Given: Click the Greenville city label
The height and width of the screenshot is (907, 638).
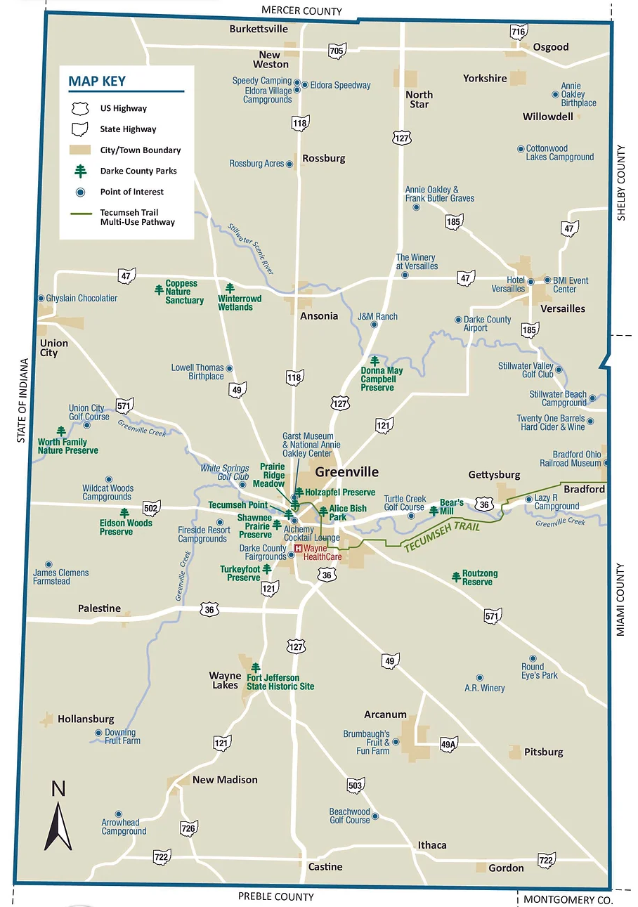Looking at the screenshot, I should [x=346, y=472].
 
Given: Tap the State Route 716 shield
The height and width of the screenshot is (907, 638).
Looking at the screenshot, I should [x=519, y=32].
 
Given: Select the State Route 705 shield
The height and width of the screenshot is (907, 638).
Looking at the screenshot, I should [x=337, y=51].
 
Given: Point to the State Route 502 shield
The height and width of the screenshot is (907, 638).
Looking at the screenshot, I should [x=150, y=508].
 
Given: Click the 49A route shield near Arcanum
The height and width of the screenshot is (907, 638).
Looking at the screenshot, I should [x=448, y=745].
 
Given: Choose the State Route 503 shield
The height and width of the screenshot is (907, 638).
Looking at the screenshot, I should [x=356, y=784].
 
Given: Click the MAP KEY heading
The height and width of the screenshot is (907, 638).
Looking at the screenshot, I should [x=97, y=81].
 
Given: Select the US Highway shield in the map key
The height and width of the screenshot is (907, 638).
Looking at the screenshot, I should [x=81, y=108].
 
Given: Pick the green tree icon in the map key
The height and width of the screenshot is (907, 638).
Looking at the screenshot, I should [x=81, y=171].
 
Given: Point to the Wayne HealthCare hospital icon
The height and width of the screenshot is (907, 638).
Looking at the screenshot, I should [x=298, y=548].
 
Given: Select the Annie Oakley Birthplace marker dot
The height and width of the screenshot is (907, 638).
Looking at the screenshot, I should [x=554, y=95].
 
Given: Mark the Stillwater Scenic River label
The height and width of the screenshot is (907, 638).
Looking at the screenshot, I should [x=251, y=248].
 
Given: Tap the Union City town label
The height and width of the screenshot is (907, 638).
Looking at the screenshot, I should [x=53, y=348].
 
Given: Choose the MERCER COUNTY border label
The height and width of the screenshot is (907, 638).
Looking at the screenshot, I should [x=301, y=11].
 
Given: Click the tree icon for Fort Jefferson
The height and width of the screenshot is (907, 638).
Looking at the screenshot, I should [x=256, y=667].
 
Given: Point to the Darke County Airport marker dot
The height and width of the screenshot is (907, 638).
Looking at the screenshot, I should [x=458, y=320].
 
